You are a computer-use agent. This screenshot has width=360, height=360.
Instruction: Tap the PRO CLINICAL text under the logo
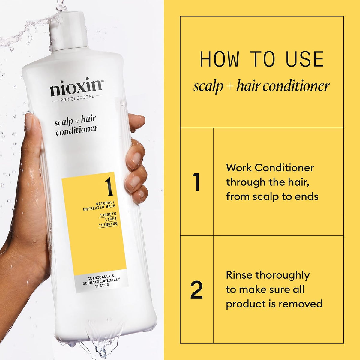77,97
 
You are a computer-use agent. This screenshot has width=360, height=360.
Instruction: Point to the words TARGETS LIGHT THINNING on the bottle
108,219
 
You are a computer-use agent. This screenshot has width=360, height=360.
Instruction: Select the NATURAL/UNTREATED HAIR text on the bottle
99,205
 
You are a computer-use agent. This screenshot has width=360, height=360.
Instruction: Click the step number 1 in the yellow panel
196,182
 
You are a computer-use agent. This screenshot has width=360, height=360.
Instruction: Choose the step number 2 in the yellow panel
196,289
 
